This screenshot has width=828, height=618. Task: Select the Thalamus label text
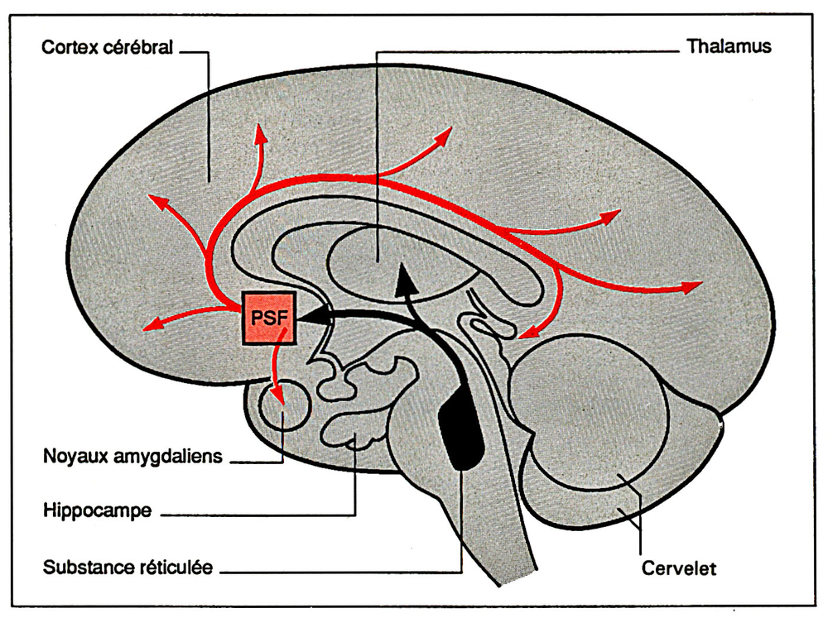click(x=729, y=46)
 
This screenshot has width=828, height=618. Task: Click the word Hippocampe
click(x=97, y=511)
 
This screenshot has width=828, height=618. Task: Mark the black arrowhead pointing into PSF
click(x=310, y=317)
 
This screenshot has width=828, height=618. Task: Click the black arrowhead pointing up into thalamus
click(x=405, y=280)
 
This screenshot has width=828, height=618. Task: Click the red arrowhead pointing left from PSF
click(x=152, y=325)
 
